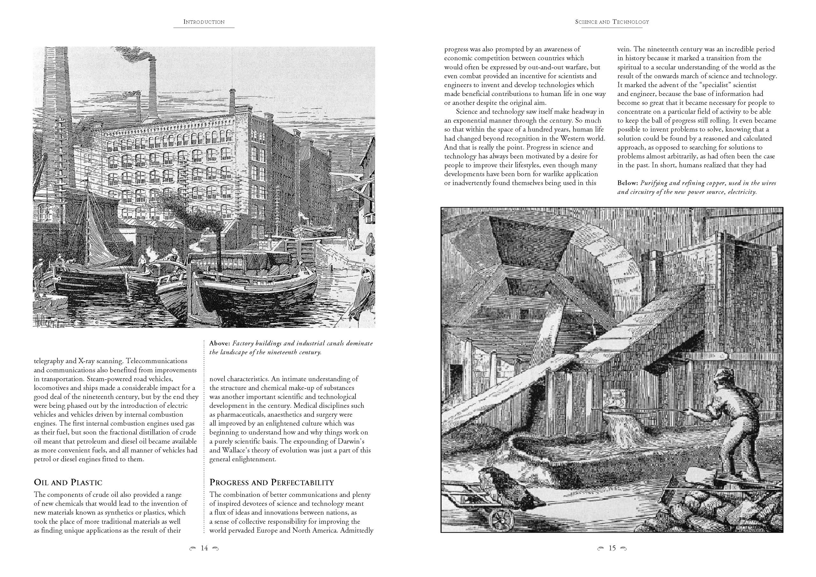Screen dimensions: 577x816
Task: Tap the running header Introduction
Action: coord(204,22)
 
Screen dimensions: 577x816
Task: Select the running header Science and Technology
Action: coord(612,22)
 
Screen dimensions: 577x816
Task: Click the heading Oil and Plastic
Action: coord(68,482)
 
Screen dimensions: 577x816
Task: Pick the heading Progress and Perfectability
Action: coord(272,482)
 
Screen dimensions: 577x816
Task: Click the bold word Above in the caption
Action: coord(220,343)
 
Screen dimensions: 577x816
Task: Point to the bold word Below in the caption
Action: coord(628,183)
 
